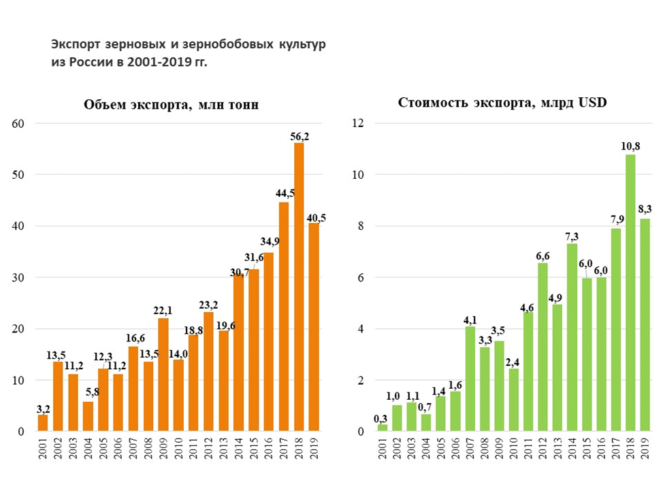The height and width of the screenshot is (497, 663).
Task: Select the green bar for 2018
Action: click(630, 293)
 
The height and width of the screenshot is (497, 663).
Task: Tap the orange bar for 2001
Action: click(43, 423)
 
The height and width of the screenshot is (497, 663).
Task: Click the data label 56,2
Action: click(299, 137)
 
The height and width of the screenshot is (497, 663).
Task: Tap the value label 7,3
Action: click(572, 236)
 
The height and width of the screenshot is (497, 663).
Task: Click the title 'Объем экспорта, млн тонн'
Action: click(171, 105)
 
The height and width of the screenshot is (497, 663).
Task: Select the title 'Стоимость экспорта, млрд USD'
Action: click(502, 103)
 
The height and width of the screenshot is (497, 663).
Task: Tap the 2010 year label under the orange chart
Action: click(178, 449)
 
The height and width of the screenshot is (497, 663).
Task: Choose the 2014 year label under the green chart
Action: click(572, 449)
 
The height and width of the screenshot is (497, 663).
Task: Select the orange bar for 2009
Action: click(163, 375)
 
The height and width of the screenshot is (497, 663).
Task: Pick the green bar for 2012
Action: click(543, 347)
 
